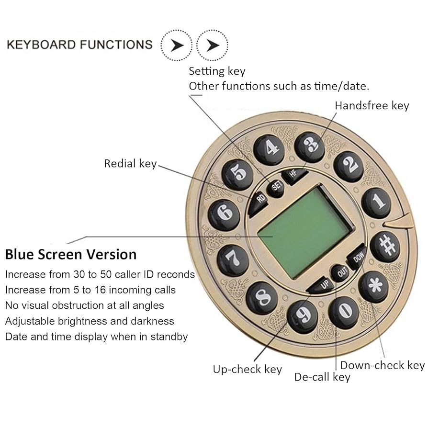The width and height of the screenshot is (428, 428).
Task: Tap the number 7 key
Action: (x=233, y=260)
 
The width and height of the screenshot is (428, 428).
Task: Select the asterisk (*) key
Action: (x=373, y=287)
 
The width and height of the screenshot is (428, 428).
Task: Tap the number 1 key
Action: (x=376, y=203)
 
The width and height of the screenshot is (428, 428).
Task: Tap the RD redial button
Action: (x=259, y=199)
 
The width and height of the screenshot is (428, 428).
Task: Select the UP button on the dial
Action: (x=322, y=285)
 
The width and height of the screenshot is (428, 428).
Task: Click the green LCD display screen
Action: (x=305, y=232)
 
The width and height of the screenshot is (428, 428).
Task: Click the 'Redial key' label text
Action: (x=130, y=164)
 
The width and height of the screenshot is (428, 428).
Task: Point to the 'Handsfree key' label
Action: (x=372, y=106)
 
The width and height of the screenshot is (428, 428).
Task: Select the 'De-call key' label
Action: (x=322, y=377)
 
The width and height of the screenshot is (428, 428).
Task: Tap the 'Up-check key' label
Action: (x=248, y=369)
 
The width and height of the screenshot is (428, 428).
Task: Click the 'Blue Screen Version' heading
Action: (x=71, y=254)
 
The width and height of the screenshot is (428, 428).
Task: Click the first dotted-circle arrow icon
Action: (x=176, y=45)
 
